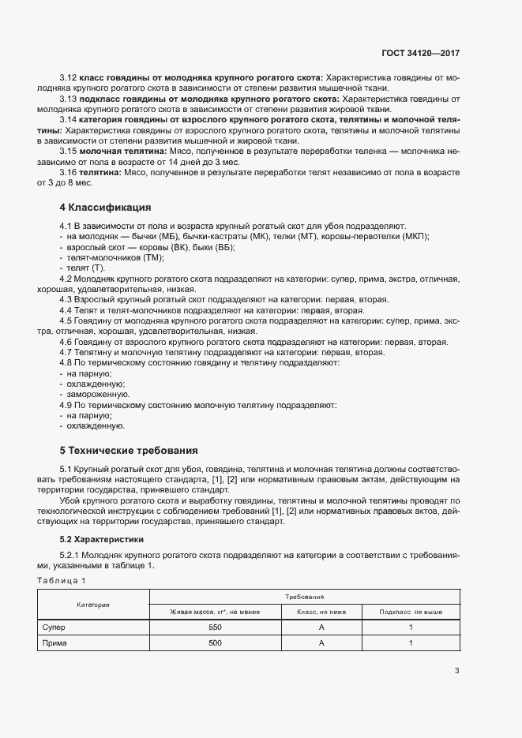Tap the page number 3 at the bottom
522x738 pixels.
457,672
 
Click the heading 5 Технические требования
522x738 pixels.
129,451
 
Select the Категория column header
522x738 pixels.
92,605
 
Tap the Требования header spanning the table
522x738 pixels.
304,598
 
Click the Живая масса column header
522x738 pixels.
215,612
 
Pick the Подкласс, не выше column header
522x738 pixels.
411,612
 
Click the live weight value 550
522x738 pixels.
215,627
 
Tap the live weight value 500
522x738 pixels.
215,643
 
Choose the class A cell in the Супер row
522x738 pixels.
321,627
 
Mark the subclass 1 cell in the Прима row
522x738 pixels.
411,643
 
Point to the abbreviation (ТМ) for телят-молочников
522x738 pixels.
151,258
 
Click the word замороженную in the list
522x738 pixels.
99,394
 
